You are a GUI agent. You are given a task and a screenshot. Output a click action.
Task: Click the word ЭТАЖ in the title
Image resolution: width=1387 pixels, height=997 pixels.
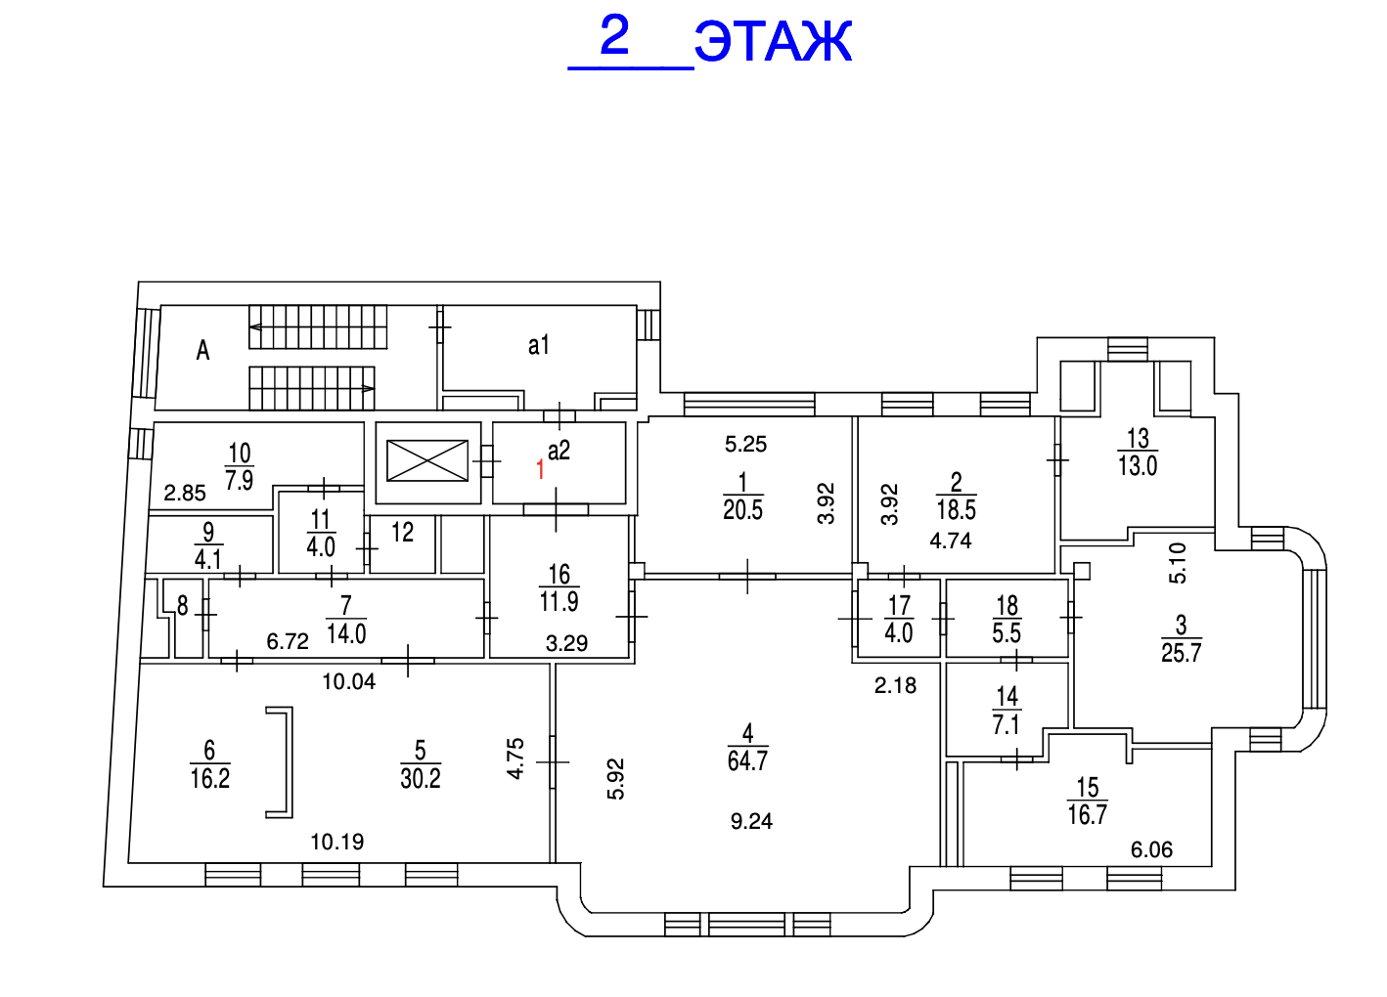pyautogui.click(x=773, y=42)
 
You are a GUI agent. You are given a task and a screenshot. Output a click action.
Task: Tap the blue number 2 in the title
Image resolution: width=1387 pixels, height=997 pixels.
pyautogui.click(x=614, y=36)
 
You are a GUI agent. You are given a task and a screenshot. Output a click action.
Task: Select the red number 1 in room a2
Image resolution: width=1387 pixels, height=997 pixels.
pyautogui.click(x=540, y=470)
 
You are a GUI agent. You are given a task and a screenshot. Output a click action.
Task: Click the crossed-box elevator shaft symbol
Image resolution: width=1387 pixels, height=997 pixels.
pyautogui.click(x=427, y=460)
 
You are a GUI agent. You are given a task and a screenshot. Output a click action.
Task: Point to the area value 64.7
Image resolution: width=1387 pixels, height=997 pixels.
pyautogui.click(x=747, y=761)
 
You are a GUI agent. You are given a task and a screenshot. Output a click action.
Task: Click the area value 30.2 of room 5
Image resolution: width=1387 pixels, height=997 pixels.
pyautogui.click(x=421, y=779)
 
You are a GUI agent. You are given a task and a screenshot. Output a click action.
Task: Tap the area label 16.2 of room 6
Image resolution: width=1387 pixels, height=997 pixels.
pyautogui.click(x=210, y=779)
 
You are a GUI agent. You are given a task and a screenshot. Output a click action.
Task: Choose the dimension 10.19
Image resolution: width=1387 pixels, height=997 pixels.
pyautogui.click(x=337, y=842)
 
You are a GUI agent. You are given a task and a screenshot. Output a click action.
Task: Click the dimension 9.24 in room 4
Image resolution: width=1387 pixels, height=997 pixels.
pyautogui.click(x=751, y=821)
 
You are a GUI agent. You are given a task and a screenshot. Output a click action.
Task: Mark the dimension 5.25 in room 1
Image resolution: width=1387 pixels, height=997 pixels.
pyautogui.click(x=745, y=445)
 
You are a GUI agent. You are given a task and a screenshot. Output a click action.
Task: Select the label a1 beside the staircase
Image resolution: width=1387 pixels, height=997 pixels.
pyautogui.click(x=539, y=345)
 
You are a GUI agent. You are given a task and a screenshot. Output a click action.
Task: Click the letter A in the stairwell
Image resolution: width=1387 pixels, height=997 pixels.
pyautogui.click(x=202, y=350)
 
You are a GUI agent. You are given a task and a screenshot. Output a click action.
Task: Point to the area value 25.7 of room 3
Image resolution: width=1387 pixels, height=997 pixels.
pyautogui.click(x=1182, y=653)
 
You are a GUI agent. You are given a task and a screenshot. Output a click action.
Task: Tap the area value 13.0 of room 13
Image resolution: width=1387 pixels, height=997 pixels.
pyautogui.click(x=1138, y=466)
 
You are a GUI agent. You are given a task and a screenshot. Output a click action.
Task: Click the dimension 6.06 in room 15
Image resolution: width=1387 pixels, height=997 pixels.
pyautogui.click(x=1151, y=850)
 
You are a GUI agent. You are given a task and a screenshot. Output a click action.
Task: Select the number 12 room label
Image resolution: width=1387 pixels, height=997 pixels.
pyautogui.click(x=402, y=533)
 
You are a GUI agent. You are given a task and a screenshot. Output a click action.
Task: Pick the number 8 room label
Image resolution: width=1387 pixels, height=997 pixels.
pyautogui.click(x=183, y=606)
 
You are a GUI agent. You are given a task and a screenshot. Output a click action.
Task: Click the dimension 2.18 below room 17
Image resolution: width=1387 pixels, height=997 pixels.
pyautogui.click(x=895, y=686)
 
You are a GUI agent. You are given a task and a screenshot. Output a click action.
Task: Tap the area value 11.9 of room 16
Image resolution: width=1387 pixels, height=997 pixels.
pyautogui.click(x=559, y=602)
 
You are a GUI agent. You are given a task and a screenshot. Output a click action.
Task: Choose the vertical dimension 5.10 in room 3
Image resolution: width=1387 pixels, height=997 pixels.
pyautogui.click(x=1178, y=563)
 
